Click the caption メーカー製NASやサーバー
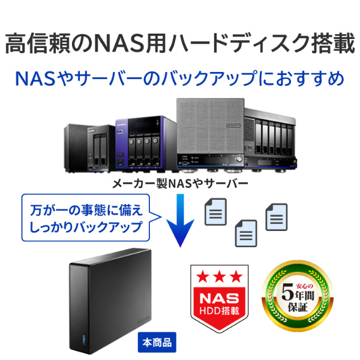pyautogui.click(x=180, y=184)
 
